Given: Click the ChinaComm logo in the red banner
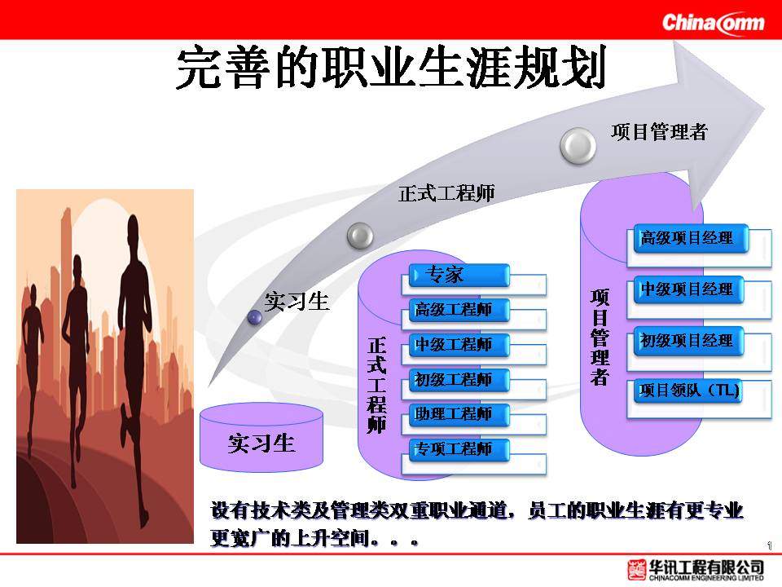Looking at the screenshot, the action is tap(714, 23).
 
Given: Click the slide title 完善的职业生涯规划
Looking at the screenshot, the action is tap(392, 67).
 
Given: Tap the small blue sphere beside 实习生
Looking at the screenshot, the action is tap(255, 317).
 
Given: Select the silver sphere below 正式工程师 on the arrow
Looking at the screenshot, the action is tap(360, 236).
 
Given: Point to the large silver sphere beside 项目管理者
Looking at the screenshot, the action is tap(578, 146).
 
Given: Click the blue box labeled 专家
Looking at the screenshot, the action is tap(459, 275).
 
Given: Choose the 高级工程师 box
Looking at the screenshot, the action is tap(459, 310).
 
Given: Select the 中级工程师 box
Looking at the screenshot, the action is tap(459, 345).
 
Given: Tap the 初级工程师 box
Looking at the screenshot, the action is tap(459, 380).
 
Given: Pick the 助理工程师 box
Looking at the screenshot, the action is tap(459, 414).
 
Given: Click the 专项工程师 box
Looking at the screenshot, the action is tap(459, 449).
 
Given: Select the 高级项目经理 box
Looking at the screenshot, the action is tap(691, 238).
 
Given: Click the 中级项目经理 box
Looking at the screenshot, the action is tap(688, 289).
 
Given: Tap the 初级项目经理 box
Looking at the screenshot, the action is tap(688, 341).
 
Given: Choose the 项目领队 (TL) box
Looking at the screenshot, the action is tap(688, 391).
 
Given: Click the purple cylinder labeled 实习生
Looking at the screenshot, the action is tap(261, 438).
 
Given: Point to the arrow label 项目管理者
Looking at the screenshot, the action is tap(659, 132).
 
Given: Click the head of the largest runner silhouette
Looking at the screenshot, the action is tap(133, 227).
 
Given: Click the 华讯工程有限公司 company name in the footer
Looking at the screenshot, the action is tap(706, 567).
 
